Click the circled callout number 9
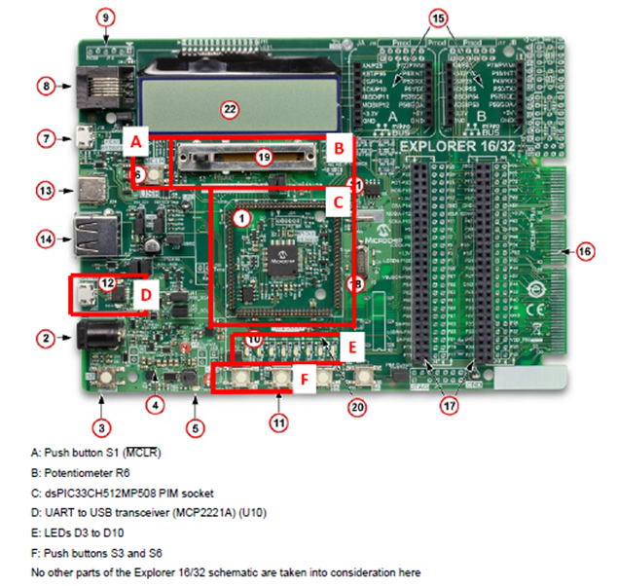pyautogui.click(x=106, y=17)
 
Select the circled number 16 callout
pyautogui.click(x=584, y=250)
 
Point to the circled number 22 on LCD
pyautogui.click(x=230, y=108)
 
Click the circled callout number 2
pyautogui.click(x=46, y=339)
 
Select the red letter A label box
pyautogui.click(x=137, y=141)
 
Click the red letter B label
pyautogui.click(x=338, y=149)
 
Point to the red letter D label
pyautogui.click(x=145, y=293)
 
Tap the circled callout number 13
pyautogui.click(x=46, y=190)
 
